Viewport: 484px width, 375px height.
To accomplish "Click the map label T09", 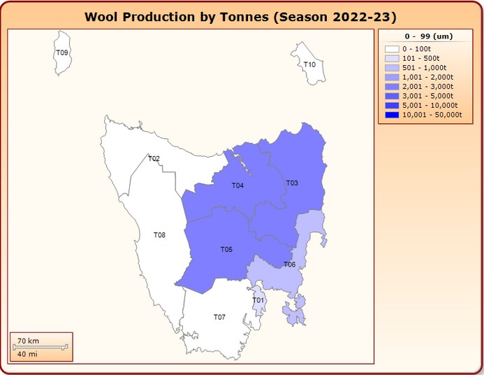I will (62, 52).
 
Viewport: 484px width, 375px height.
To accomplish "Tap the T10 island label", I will (309, 64).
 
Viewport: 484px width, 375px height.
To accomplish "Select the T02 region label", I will (154, 159).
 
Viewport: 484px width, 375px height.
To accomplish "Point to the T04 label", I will (237, 185).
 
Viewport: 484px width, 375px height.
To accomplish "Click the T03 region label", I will (292, 183).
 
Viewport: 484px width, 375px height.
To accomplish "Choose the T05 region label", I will (226, 249).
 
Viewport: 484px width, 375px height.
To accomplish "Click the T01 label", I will (258, 300).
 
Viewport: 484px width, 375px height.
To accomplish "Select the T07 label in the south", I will (219, 317).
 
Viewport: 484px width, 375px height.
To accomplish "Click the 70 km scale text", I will (28, 340).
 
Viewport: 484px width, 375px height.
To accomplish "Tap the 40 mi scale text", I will (28, 353).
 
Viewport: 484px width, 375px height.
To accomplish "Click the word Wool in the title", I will (100, 16).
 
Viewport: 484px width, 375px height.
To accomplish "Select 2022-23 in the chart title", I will (358, 16).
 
